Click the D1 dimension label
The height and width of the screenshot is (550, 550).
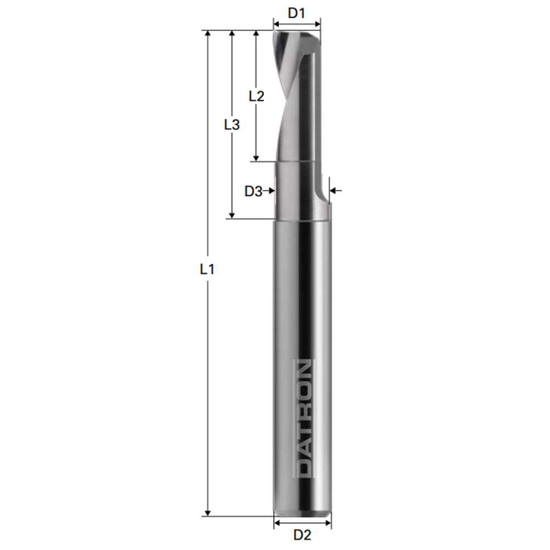[296, 13]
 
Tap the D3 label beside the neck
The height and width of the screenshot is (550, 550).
[253, 190]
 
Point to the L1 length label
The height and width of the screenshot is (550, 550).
[207, 269]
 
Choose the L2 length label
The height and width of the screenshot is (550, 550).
[256, 96]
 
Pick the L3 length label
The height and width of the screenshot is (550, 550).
[231, 124]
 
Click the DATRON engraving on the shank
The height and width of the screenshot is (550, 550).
[302, 418]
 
